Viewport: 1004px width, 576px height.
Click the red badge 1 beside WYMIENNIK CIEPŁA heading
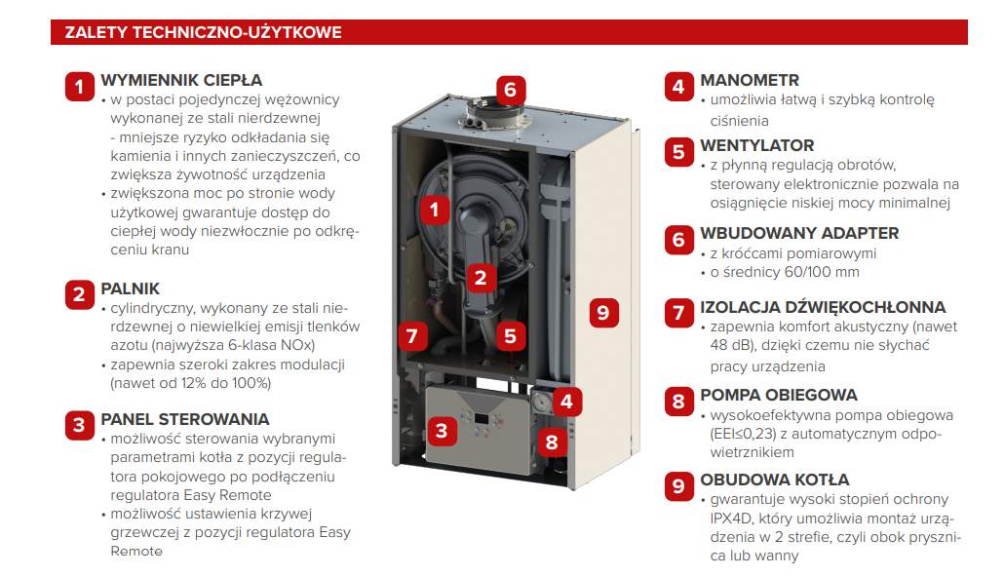click(79, 87)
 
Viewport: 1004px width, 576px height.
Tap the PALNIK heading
click(130, 288)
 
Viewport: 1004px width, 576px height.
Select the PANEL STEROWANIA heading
click(185, 419)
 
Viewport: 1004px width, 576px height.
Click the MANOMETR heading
click(750, 80)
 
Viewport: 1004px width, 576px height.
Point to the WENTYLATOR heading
click(757, 145)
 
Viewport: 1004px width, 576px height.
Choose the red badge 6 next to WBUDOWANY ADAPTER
click(678, 240)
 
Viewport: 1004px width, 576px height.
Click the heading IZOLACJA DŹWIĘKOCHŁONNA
click(823, 307)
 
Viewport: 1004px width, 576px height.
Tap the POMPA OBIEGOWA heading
click(779, 395)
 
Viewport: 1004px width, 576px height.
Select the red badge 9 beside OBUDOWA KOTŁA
click(678, 486)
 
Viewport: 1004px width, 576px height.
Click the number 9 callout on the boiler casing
click(603, 313)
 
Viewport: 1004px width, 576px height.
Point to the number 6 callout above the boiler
click(511, 90)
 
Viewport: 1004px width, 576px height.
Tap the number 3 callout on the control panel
click(442, 431)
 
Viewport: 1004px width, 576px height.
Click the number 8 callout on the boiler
click(552, 442)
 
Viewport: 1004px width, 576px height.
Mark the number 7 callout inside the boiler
click(412, 336)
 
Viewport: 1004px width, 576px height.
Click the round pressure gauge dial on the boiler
click(542, 403)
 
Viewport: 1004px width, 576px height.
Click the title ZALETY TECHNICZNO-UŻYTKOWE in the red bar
click(203, 32)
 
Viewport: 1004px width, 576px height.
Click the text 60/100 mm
click(822, 272)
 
